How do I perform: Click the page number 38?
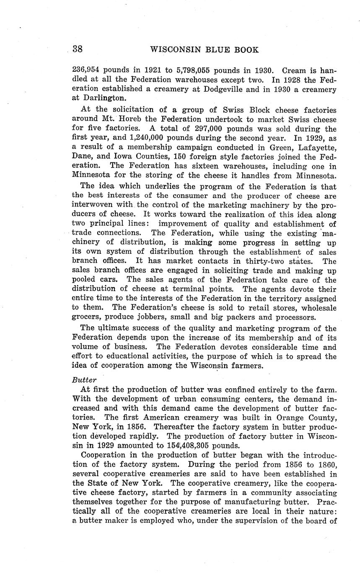point(78,49)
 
